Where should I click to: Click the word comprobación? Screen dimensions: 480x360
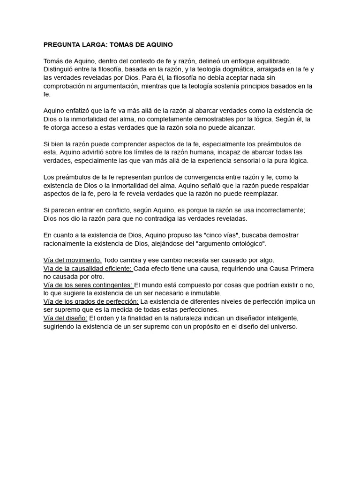pos(65,86)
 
